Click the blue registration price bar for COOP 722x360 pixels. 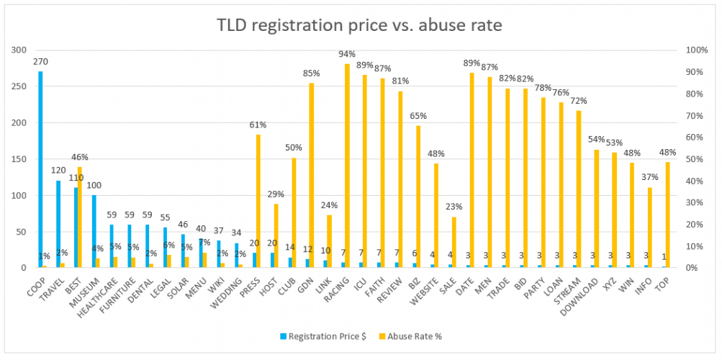[x=40, y=169]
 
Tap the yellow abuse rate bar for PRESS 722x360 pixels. [x=258, y=201]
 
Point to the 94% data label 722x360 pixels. [x=348, y=54]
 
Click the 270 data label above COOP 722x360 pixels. [x=41, y=62]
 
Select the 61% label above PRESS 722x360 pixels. [x=258, y=125]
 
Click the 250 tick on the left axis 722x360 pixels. [x=24, y=86]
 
